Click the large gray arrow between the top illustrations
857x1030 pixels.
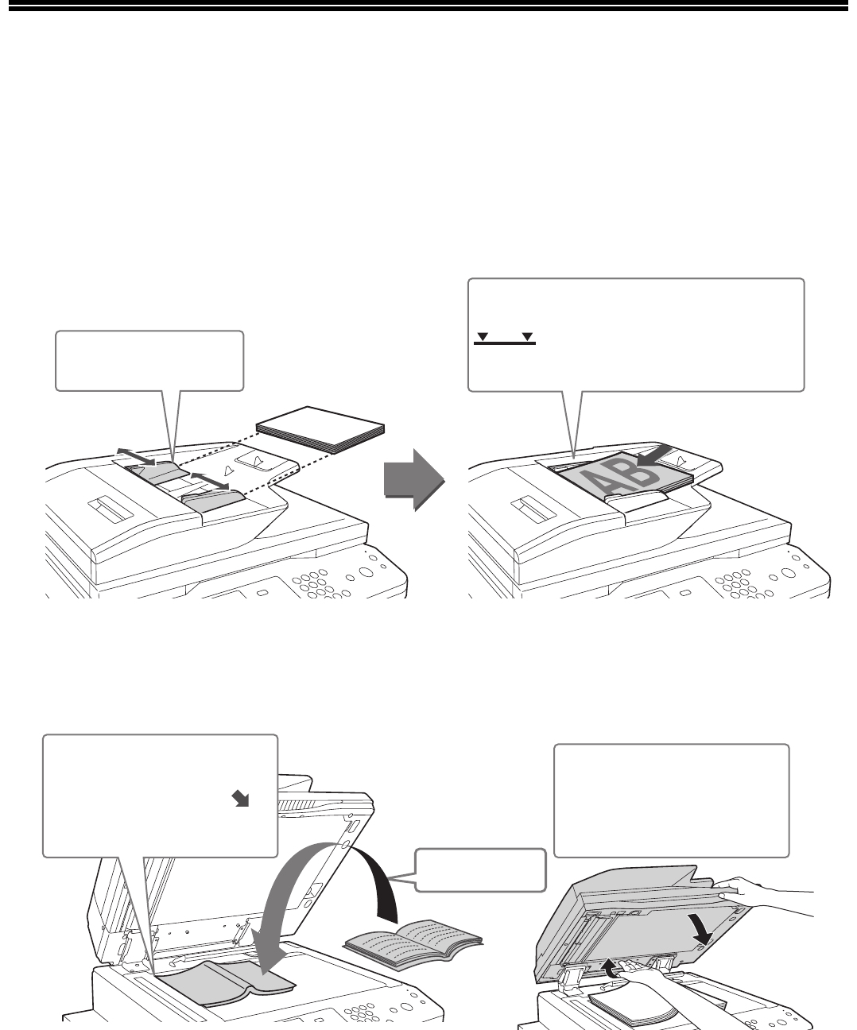click(414, 479)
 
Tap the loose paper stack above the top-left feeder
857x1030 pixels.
click(320, 430)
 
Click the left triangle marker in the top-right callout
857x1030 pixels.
click(483, 336)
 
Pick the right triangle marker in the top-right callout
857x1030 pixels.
click(527, 336)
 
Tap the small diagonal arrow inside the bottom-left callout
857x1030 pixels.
click(240, 800)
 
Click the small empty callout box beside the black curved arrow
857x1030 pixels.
click(480, 870)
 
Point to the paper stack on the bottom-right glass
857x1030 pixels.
click(634, 1002)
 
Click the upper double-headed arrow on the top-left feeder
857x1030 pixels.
click(136, 457)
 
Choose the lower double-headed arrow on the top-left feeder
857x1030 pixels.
click(210, 481)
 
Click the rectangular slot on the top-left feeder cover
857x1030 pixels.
click(111, 509)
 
